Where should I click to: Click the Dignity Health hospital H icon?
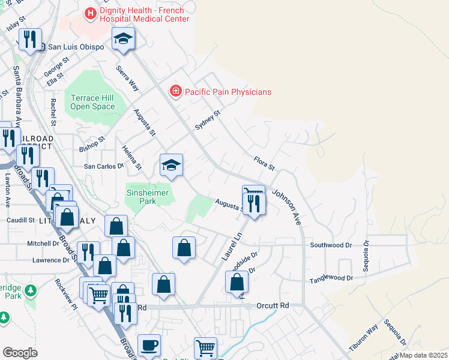coord(91,13)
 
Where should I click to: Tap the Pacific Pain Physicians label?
coord(228,92)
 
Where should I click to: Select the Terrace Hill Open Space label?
coord(92,102)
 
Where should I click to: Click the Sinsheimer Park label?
coord(149,197)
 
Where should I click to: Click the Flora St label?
coord(264,162)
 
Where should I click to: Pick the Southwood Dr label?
coord(331,245)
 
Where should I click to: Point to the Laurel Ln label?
coord(231,246)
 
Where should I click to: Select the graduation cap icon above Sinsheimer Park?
coord(171,165)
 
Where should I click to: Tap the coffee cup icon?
coord(149,345)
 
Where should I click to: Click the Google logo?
coord(20,352)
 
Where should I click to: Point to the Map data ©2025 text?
coord(423,355)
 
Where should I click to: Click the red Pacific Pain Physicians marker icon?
coord(175,91)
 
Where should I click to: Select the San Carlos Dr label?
coord(103,166)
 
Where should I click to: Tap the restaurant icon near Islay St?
coord(29,40)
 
